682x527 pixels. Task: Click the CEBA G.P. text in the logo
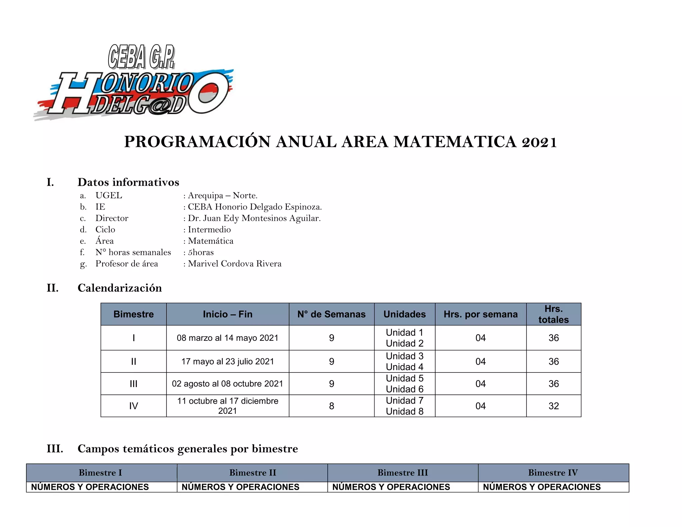[141, 57]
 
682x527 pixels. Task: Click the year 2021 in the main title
[539, 142]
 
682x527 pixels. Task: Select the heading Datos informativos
[128, 182]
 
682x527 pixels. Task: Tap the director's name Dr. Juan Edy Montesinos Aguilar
[254, 218]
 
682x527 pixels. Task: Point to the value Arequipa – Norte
[222, 196]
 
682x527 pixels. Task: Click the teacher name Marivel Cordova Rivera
[234, 264]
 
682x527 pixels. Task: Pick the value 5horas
[201, 253]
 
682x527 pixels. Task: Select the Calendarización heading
[120, 288]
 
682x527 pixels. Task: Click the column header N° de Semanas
[331, 314]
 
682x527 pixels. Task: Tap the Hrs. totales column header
[553, 314]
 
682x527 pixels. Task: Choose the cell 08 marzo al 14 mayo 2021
[227, 338]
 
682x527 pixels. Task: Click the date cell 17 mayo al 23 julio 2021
[227, 361]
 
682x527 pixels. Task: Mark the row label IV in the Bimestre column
[134, 406]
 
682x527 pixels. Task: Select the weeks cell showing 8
[331, 406]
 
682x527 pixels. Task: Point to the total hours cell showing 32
[553, 406]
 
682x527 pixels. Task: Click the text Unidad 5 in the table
[405, 378]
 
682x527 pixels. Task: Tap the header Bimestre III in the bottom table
[403, 473]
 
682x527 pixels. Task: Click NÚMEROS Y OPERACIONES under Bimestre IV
[542, 487]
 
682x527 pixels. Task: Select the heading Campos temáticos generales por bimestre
[187, 449]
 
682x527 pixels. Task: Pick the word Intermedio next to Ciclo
[209, 230]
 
